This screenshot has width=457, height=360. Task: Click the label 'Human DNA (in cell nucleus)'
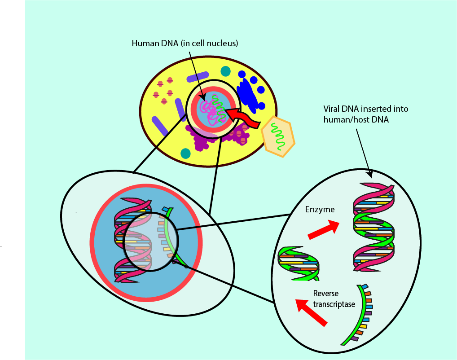(x=185, y=44)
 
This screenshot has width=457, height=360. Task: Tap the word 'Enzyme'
(x=320, y=209)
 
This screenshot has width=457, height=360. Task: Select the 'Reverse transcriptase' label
(x=334, y=299)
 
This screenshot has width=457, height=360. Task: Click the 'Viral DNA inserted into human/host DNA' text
(x=366, y=114)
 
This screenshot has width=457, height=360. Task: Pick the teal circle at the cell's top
(x=225, y=71)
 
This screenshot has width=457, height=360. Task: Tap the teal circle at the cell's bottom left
(x=185, y=154)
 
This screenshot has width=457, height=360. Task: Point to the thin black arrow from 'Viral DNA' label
(x=364, y=153)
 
